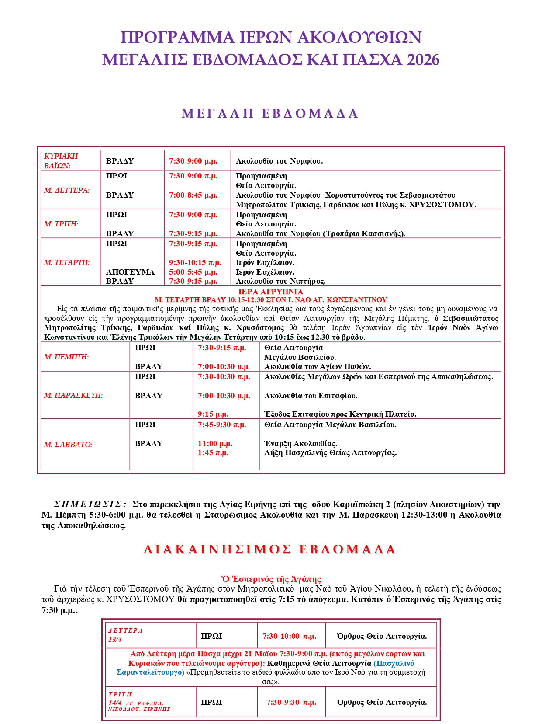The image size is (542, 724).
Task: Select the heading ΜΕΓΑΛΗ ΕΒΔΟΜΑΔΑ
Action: click(270, 114)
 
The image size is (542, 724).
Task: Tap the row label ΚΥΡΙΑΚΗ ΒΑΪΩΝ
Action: click(61, 161)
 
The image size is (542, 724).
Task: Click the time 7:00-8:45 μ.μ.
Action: click(193, 195)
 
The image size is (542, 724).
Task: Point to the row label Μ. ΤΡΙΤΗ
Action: click(61, 224)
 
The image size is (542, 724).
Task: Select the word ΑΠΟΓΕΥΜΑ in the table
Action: click(130, 272)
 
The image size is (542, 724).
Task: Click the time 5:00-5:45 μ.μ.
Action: click(193, 272)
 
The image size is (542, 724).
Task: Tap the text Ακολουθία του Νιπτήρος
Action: click(280, 281)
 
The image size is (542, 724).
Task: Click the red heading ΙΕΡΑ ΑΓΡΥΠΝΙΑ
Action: click(270, 292)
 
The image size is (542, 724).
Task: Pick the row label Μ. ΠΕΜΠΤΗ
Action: click(66, 357)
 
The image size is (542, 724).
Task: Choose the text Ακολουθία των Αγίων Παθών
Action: click(317, 366)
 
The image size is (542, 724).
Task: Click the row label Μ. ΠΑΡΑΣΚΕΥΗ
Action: click(73, 395)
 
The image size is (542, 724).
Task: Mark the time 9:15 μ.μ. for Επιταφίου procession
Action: click(213, 414)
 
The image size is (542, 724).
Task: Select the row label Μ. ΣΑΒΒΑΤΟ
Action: click(68, 445)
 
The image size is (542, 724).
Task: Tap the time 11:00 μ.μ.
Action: click(215, 443)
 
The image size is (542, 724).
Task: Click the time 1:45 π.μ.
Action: click(213, 453)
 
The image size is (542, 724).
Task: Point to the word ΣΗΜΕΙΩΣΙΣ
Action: click(90, 504)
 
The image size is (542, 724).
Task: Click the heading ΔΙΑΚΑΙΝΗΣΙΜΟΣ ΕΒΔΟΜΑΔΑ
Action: click(270, 550)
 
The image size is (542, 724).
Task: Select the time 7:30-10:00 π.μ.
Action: click(289, 636)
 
